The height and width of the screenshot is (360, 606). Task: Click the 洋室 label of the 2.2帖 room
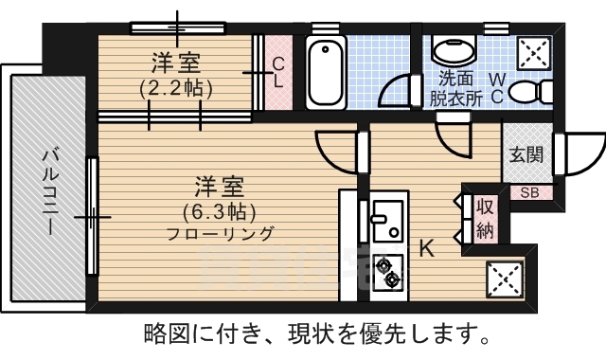pyautogui.click(x=176, y=65)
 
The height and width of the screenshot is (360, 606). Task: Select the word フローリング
pyautogui.click(x=220, y=233)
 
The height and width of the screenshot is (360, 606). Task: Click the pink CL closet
pyautogui.click(x=277, y=73)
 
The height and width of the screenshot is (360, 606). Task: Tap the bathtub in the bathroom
pyautogui.click(x=325, y=73)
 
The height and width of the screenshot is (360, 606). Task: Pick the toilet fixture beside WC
pyautogui.click(x=542, y=91)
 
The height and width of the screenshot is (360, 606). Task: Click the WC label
pyautogui.click(x=498, y=87)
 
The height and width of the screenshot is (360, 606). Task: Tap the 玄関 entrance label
pyautogui.click(x=527, y=154)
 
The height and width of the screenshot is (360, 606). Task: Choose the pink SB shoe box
pyautogui.click(x=528, y=192)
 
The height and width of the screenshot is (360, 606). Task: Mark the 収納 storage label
pyautogui.click(x=485, y=218)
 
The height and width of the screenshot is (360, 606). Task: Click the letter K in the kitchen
pyautogui.click(x=427, y=249)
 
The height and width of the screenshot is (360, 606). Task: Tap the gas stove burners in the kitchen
pyautogui.click(x=387, y=273)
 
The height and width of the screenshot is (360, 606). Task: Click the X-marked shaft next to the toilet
pyautogui.click(x=534, y=53)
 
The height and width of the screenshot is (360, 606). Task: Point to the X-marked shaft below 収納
pyautogui.click(x=504, y=278)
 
